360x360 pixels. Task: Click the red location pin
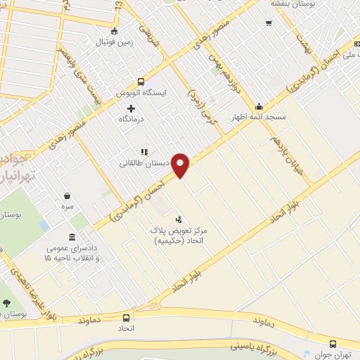pos(181,165)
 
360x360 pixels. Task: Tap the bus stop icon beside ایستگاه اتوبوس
pos(141,81)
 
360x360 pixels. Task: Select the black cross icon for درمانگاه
pos(131,108)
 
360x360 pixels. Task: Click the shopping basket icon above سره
pos(67,196)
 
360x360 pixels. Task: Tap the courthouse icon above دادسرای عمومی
pos(72,237)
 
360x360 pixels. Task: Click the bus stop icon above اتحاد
pos(126,317)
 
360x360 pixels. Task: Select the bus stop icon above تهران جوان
pos(333,344)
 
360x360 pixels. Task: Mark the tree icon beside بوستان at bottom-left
pos(6,304)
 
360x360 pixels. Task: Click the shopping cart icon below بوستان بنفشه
pos(269,22)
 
